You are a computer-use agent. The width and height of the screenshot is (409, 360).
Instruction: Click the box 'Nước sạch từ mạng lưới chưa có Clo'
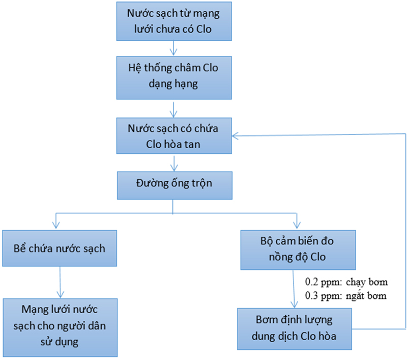[174, 21]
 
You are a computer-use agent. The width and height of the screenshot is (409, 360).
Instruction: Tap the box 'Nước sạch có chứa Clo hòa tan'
[174, 135]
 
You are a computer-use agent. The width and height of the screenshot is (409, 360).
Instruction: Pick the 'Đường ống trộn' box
[174, 185]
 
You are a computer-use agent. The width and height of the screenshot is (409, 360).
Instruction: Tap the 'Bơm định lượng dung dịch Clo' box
[298, 328]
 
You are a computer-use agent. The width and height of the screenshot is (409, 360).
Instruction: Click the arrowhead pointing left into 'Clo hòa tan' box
[236, 135]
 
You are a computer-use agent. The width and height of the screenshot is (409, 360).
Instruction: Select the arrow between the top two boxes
[174, 48]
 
